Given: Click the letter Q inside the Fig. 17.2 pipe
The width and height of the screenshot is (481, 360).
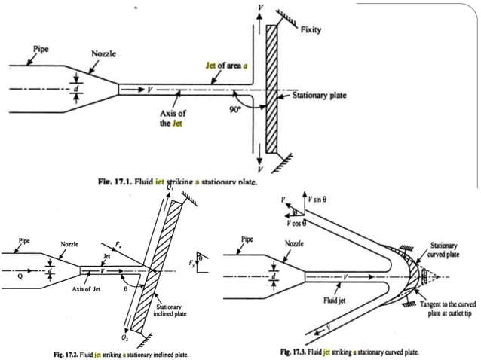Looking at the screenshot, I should point(9,275).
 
